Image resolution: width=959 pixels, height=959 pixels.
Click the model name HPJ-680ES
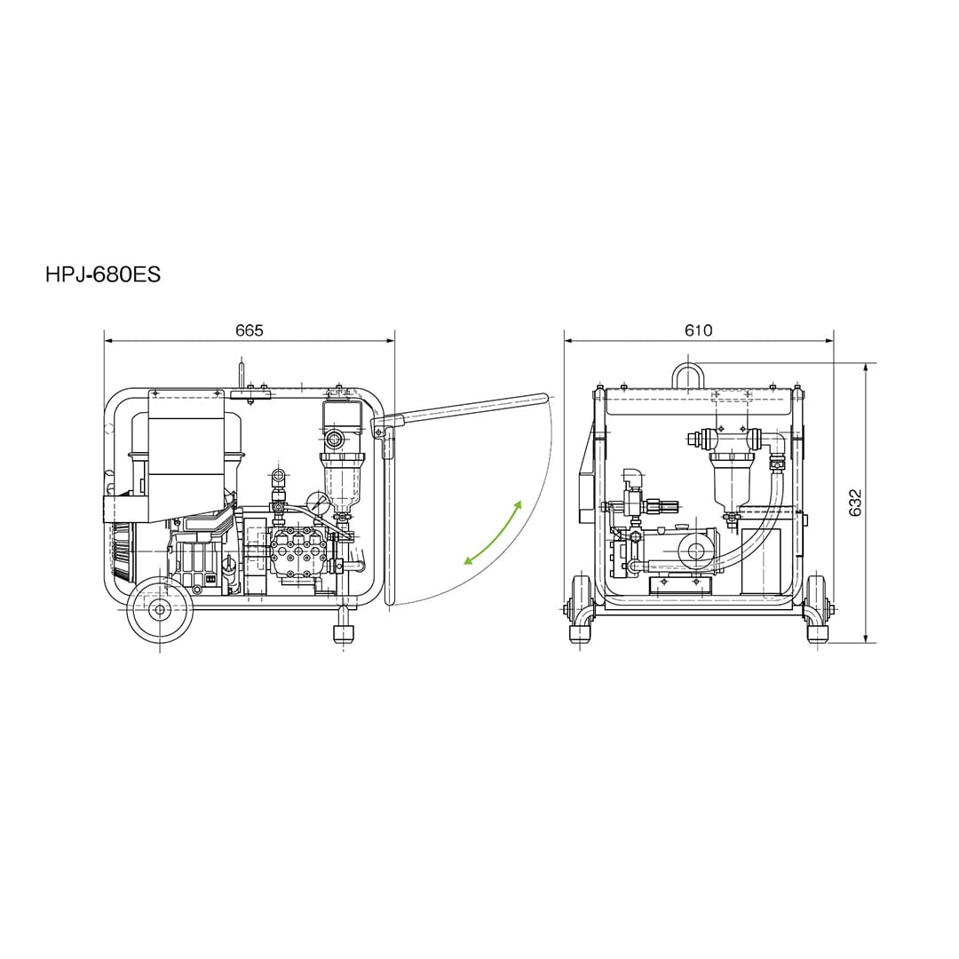click(103, 274)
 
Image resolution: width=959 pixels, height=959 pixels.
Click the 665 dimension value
click(250, 330)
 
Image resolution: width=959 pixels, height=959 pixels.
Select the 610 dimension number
click(699, 330)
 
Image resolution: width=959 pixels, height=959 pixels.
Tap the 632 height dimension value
click(856, 503)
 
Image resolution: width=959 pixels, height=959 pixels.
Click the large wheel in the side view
click(160, 609)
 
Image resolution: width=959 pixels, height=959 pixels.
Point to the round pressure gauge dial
click(317, 502)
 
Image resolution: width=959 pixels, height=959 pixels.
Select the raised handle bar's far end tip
click(543, 398)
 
